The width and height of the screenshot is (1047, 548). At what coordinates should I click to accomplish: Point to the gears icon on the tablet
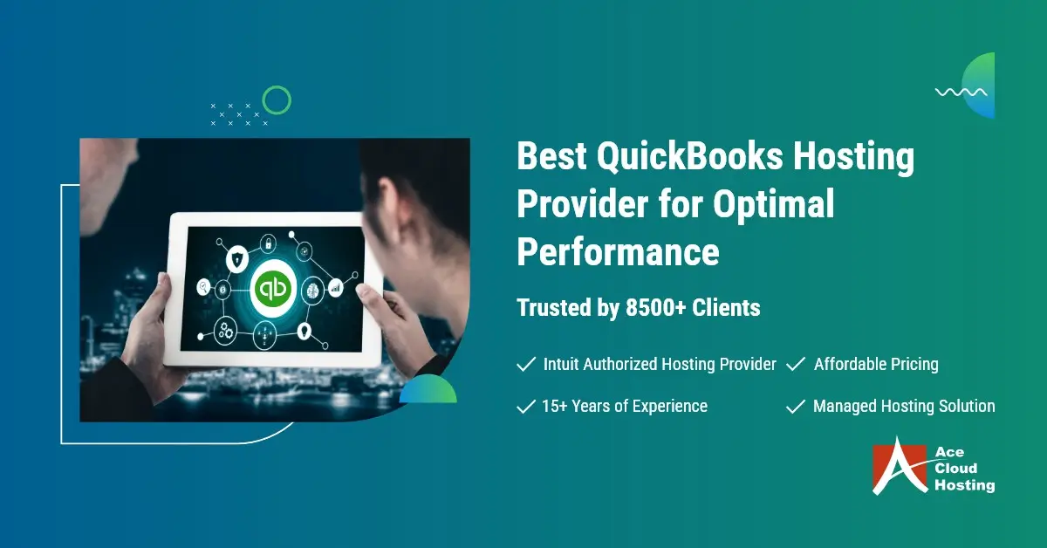227,330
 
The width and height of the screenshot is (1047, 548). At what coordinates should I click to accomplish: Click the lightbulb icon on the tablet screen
305,331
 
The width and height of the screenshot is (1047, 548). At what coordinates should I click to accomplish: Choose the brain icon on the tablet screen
311,289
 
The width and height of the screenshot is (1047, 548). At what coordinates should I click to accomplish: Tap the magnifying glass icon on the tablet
203,284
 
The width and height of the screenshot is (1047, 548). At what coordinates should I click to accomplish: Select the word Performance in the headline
618,251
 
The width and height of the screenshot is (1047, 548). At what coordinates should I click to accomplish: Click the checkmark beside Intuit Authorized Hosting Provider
526,365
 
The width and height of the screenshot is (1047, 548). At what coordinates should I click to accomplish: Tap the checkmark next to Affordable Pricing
795,365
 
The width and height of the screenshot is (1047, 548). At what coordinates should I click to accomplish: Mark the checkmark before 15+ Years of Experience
526,407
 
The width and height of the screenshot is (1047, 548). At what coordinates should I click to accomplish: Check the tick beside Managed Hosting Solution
795,407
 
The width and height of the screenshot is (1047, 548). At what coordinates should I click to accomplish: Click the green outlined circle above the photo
277,100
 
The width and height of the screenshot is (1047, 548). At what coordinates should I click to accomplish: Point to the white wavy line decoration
961,92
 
